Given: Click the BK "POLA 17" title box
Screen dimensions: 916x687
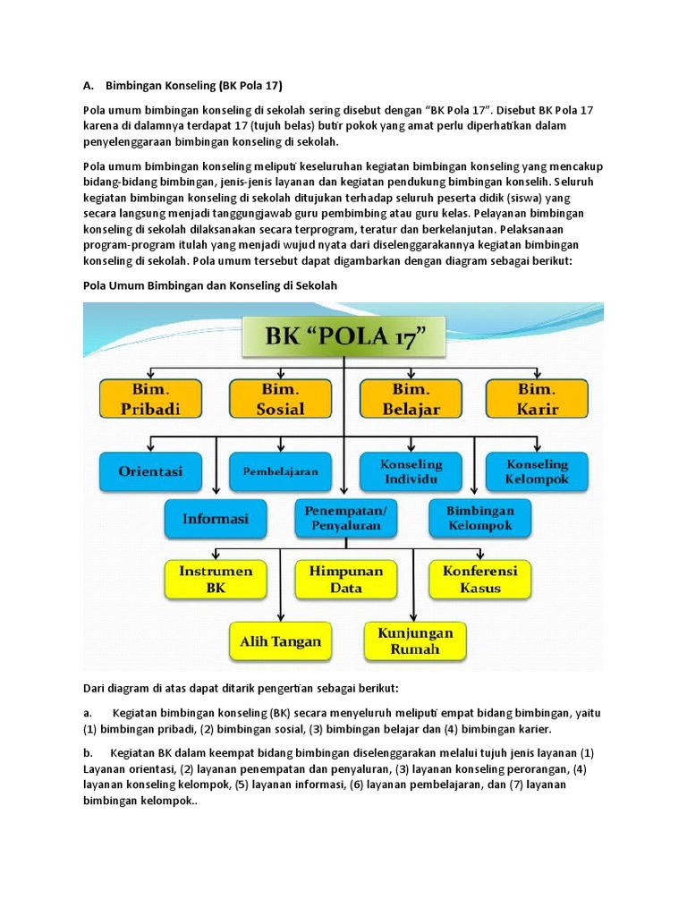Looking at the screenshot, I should [x=345, y=339].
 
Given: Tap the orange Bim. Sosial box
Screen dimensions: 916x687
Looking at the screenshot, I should [x=281, y=399].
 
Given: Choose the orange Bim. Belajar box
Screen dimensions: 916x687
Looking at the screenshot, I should [x=411, y=399].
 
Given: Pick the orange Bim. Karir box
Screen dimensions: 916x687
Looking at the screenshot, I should [x=537, y=399].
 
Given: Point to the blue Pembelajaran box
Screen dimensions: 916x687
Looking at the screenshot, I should [x=280, y=471].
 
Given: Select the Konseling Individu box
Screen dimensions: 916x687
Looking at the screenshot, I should [x=411, y=471].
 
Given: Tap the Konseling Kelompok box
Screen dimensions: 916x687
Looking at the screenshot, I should [x=537, y=471].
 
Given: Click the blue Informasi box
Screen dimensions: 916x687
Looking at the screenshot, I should [x=215, y=518].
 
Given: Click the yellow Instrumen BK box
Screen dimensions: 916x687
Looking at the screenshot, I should [x=215, y=579].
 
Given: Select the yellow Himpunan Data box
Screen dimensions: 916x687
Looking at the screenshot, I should [x=346, y=579].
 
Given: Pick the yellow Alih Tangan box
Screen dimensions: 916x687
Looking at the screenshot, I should [x=280, y=641].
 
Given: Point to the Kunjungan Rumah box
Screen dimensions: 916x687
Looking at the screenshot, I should [x=414, y=640].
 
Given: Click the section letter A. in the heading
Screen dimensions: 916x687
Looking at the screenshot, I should [x=89, y=86].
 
